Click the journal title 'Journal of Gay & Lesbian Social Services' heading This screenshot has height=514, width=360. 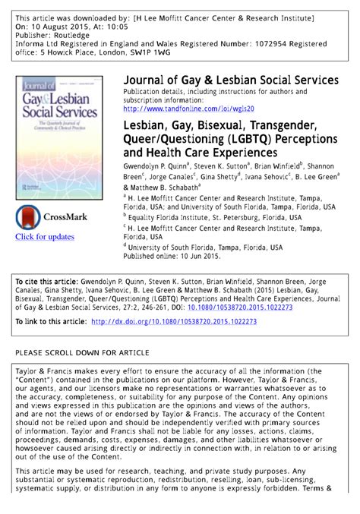click(231, 80)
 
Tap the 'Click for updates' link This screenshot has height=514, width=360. click(45, 237)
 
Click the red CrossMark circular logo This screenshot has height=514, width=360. click(28, 217)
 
